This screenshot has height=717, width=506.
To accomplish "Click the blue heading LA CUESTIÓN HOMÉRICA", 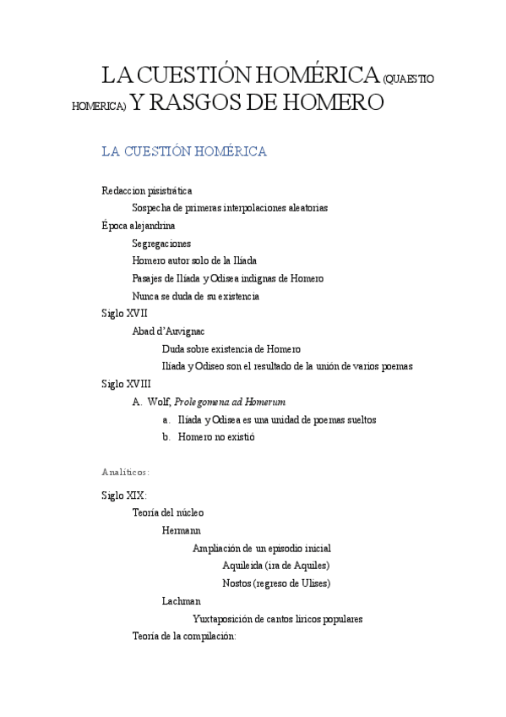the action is click(184, 152).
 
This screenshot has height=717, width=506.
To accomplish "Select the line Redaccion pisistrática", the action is click(146, 191).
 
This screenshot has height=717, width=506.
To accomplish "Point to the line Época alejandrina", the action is click(139, 226).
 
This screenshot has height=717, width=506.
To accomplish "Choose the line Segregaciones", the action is click(161, 244).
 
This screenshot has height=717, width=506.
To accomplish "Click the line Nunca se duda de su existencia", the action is click(195, 296).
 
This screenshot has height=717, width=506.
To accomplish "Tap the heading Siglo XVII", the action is click(124, 314).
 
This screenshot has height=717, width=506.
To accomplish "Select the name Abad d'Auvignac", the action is click(169, 331).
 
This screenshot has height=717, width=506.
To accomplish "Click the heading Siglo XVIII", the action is click(126, 384).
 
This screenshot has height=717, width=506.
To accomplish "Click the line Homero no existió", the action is click(216, 437).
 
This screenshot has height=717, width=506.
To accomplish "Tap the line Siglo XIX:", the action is click(124, 495).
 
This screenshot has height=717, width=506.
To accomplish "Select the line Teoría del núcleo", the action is click(168, 512).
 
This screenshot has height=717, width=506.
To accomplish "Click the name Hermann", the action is click(181, 530).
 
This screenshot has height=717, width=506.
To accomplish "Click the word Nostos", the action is click(237, 583).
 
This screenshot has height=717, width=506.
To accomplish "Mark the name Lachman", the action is click(182, 601).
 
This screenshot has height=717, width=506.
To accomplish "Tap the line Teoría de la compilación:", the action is click(184, 636).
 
